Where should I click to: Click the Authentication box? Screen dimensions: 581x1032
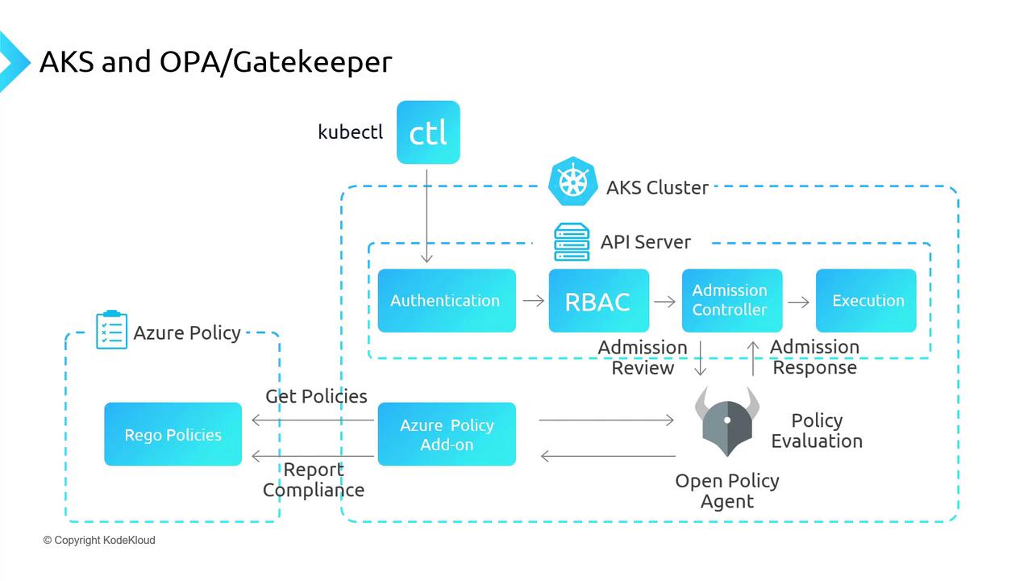[x=447, y=301]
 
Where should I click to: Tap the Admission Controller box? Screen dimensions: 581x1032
[x=731, y=301]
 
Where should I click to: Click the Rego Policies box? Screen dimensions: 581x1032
[x=173, y=434]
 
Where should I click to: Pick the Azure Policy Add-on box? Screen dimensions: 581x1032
[x=447, y=434]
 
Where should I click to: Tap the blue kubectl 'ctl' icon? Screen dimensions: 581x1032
[x=428, y=132]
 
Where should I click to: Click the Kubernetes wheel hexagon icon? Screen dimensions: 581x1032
[x=572, y=182]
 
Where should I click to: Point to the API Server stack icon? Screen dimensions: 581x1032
[x=572, y=242]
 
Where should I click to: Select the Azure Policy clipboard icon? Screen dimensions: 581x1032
[x=111, y=330]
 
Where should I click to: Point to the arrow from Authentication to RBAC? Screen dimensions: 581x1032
[x=533, y=301]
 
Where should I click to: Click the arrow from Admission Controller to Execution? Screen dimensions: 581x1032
[x=798, y=302]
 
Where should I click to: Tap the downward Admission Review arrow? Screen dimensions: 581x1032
[x=700, y=358]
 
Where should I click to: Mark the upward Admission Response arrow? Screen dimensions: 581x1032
[x=753, y=358]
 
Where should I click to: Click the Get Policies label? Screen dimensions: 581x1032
[x=316, y=396]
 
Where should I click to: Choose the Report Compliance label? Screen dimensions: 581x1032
[x=314, y=480]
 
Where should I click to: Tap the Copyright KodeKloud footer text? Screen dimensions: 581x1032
[x=99, y=540]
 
